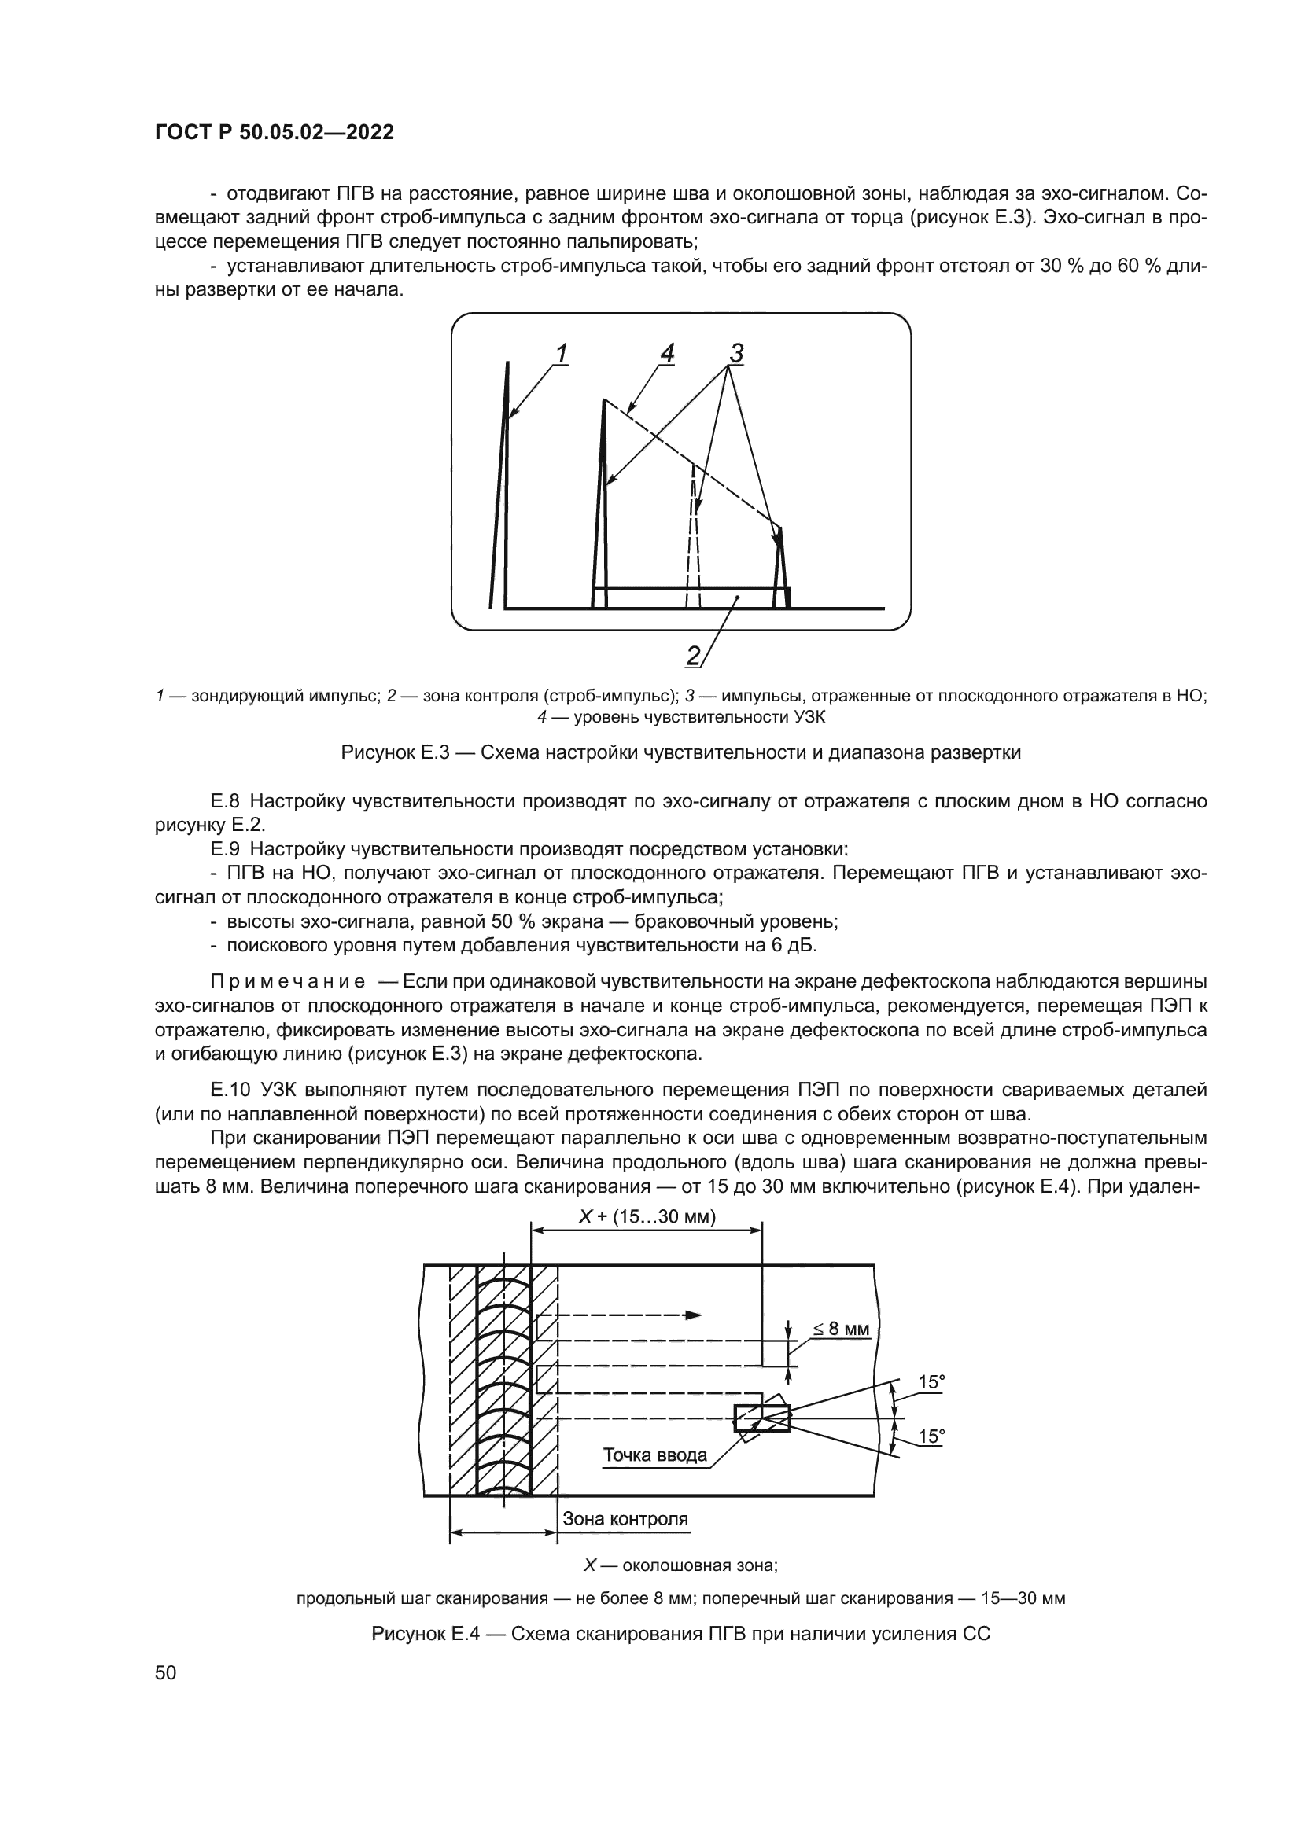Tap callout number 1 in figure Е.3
562,352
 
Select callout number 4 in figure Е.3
667,352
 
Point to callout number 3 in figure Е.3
736,352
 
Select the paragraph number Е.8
227,801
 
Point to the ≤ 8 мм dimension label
841,1329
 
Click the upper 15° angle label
931,1381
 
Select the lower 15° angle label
931,1437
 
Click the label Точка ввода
654,1455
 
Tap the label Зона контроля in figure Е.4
625,1519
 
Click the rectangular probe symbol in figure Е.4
762,1418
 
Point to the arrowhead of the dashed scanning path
694,1315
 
